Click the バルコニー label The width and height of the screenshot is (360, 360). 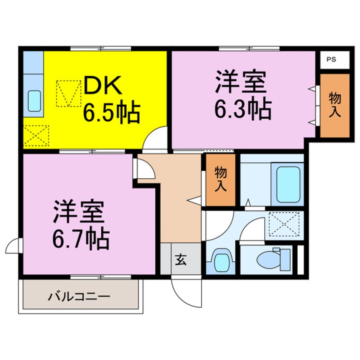pyautogui.click(x=79, y=295)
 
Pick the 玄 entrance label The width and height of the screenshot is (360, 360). pyautogui.click(x=181, y=259)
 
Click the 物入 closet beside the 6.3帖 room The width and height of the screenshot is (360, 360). pyautogui.click(x=334, y=106)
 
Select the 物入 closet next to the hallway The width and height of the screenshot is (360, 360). pyautogui.click(x=220, y=180)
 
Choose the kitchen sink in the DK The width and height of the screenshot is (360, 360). pyautogui.click(x=34, y=100)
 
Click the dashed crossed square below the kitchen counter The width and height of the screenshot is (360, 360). pyautogui.click(x=36, y=135)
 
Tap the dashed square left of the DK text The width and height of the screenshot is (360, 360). pyautogui.click(x=69, y=94)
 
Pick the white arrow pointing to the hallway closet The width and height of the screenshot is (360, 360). pyautogui.click(x=194, y=199)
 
